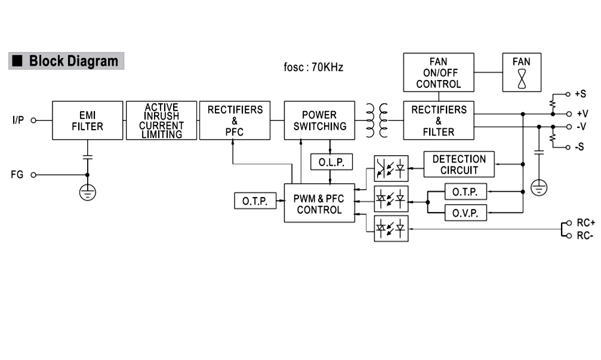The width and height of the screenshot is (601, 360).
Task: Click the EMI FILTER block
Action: [x=87, y=120]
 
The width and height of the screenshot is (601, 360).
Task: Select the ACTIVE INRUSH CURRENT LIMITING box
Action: [x=161, y=120]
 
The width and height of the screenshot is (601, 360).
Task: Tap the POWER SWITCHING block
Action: [x=319, y=120]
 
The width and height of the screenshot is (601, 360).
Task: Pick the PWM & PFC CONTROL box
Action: [x=319, y=204]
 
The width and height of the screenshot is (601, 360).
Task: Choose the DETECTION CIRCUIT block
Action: [x=459, y=164]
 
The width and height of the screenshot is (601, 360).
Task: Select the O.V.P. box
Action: [x=466, y=213]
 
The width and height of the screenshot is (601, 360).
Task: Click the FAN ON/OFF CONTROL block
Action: [x=439, y=72]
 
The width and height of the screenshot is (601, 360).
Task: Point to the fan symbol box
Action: [x=522, y=72]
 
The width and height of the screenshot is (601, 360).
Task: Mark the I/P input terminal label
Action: [x=18, y=120]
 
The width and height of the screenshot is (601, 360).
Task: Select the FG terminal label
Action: [x=17, y=175]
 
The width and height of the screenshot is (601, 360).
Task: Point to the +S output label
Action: [x=580, y=94]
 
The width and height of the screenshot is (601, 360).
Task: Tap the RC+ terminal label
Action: [x=585, y=223]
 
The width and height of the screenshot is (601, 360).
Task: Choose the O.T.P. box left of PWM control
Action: [x=255, y=201]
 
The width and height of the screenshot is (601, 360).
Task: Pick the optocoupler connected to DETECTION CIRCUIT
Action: [x=391, y=168]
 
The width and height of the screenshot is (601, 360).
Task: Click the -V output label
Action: [x=580, y=127]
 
